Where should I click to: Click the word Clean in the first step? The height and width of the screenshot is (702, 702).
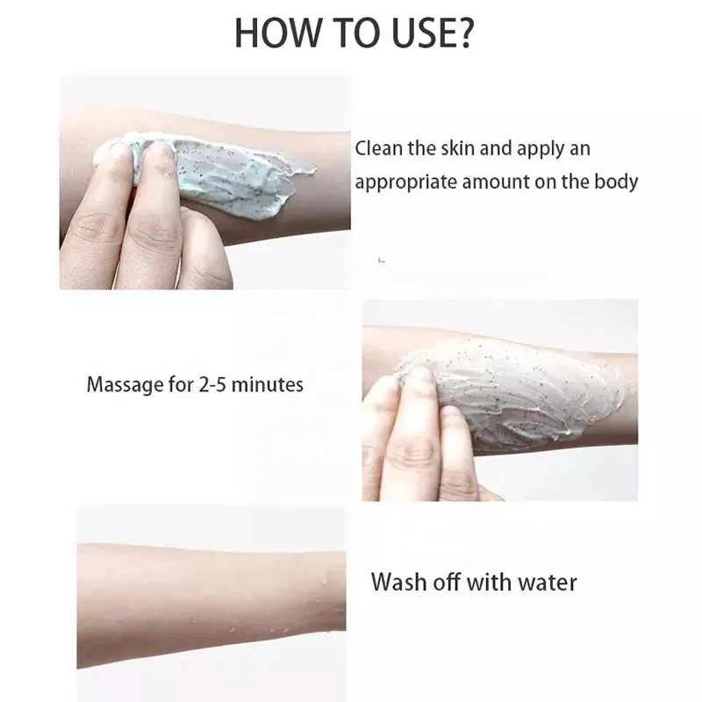(x=378, y=148)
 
